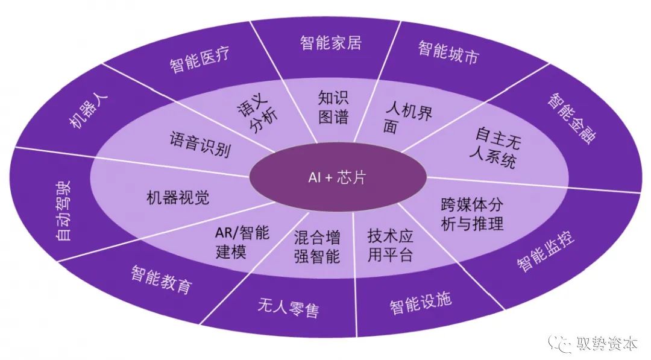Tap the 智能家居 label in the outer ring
(x=330, y=43)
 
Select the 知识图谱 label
(x=333, y=107)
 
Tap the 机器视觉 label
(x=178, y=197)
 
